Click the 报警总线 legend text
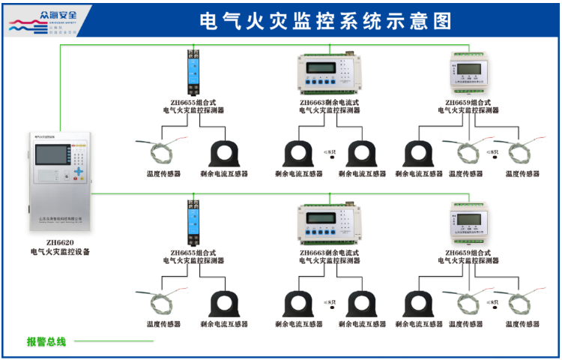pyautogui.click(x=46, y=342)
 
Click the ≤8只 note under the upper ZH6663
pyautogui.click(x=328, y=152)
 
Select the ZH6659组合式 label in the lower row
pyautogui.click(x=468, y=253)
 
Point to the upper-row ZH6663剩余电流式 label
pyautogui.click(x=329, y=103)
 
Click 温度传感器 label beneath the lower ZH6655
pyautogui.click(x=163, y=324)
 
